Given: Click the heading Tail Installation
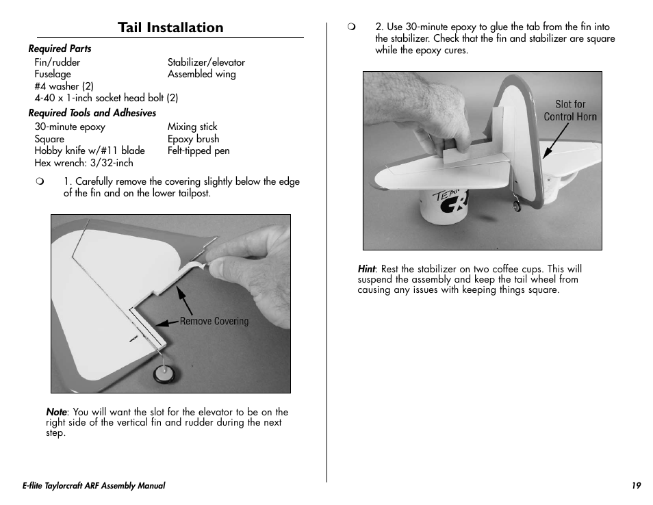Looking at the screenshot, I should point(170,27).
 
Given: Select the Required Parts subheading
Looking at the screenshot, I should point(60,49).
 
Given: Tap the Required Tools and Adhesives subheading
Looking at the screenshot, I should point(92,113).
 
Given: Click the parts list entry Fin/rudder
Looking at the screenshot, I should point(57,62).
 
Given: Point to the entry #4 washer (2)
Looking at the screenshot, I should point(64,86).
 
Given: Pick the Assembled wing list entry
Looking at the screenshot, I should point(201,74).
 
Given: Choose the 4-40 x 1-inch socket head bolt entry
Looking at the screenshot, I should point(106,98).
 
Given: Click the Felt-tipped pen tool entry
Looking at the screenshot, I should point(199,151).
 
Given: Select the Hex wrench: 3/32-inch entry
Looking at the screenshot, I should point(84,163).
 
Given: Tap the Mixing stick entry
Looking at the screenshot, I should point(192,127).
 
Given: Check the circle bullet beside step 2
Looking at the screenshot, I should point(351,27).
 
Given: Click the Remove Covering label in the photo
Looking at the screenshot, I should point(214,322).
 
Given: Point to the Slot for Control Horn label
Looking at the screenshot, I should point(570,110).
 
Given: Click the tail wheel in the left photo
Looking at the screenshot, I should point(164,373).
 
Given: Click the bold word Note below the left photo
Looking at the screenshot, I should point(56,412).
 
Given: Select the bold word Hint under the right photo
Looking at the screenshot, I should point(366,269).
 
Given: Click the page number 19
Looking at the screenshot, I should point(636,486).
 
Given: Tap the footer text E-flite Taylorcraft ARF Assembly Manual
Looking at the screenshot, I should point(94,486).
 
